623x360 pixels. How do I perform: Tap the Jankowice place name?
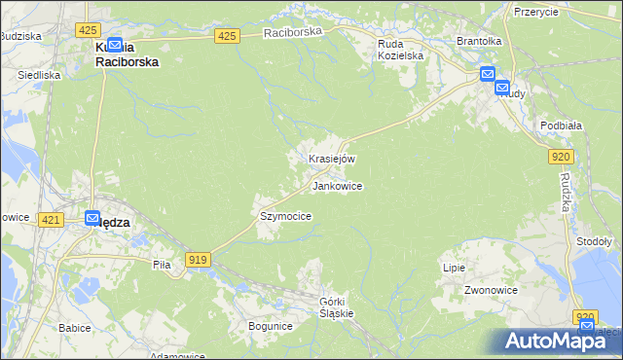[x=338, y=186]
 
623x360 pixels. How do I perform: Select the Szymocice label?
[x=285, y=216]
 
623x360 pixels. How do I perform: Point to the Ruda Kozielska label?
[x=401, y=49]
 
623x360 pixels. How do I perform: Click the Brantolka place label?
[x=479, y=42]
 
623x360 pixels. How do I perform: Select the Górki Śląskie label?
[x=337, y=307]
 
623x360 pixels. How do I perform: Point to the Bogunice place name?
[x=270, y=326]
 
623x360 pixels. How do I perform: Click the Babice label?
[x=74, y=328]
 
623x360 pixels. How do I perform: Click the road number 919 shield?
[x=199, y=259]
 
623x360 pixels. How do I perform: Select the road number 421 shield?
[x=53, y=221]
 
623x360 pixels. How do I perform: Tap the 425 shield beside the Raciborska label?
[x=227, y=36]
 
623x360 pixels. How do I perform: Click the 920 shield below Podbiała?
[x=560, y=156]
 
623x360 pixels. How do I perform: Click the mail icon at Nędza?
[x=92, y=220]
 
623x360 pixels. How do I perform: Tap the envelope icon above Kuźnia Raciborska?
[x=115, y=44]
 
